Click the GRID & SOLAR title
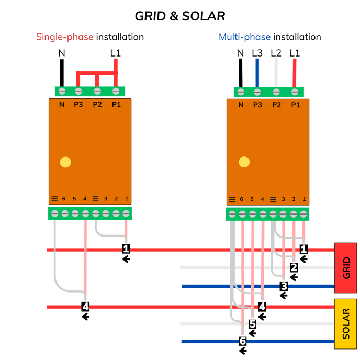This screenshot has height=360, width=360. [180, 16]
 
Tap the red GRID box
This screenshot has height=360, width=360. [345, 268]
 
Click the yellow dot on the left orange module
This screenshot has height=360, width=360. [65, 162]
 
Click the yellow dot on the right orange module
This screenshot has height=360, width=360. [244, 162]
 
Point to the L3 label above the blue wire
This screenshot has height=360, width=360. [257, 53]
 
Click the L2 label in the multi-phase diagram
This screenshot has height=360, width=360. [276, 53]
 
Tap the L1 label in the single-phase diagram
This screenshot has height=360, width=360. [116, 53]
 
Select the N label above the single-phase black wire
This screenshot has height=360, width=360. [62, 53]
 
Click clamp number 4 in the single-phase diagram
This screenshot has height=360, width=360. [86, 306]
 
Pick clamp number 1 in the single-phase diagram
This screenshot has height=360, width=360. [126, 249]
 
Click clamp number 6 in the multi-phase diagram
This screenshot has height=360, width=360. [242, 341]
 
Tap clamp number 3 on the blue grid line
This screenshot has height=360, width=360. [284, 286]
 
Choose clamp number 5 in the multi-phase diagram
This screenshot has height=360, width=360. [252, 324]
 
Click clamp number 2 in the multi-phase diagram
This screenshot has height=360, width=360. [294, 267]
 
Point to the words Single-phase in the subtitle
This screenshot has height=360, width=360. [64, 37]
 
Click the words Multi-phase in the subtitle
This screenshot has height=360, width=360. [244, 37]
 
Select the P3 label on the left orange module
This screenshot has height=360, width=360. [78, 105]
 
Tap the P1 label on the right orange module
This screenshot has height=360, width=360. [296, 105]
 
